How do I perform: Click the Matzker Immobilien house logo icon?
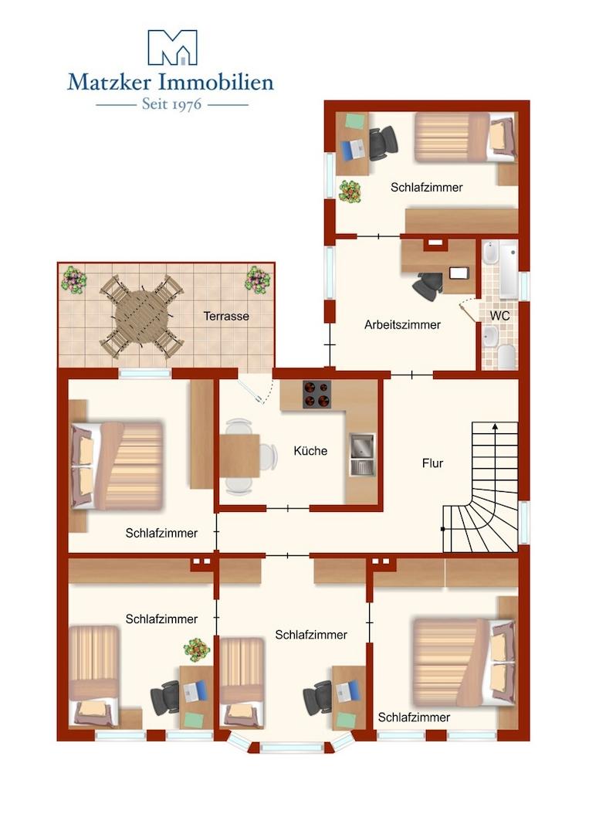tap(172, 47)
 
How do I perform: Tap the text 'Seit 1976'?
tap(171, 103)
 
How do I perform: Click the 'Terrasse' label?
tap(226, 316)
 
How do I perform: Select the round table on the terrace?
tap(141, 317)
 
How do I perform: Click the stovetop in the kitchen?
tap(315, 394)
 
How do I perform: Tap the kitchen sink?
tap(361, 454)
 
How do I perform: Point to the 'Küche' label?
tap(311, 451)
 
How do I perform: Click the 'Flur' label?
tap(432, 463)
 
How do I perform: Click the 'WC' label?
tap(499, 317)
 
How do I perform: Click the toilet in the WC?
tap(506, 356)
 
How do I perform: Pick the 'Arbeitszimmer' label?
tap(402, 325)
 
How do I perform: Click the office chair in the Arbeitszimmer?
tap(427, 286)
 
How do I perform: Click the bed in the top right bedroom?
tap(463, 137)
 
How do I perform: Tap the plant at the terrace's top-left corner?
tap(73, 279)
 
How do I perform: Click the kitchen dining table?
tap(239, 456)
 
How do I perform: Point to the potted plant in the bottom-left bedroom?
tap(197, 649)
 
